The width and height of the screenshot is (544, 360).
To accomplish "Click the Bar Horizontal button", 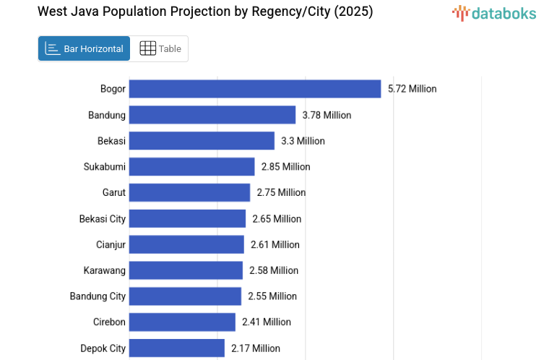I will tap(84, 48).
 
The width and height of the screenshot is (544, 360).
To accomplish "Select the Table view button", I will tap(160, 48).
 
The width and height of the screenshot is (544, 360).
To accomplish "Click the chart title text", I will tap(205, 12).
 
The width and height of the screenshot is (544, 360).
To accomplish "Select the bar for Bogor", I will tap(255, 89).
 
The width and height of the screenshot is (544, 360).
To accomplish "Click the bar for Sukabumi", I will tap(191, 167).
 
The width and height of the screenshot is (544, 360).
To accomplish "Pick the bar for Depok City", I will tap(177, 348).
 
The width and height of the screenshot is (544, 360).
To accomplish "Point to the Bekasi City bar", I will tap(187, 219).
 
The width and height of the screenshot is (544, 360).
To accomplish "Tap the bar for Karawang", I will tap(186, 270).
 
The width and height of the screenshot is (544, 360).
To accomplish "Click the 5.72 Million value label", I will tap(413, 89).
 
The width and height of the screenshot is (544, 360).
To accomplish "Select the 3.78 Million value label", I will tap(327, 115).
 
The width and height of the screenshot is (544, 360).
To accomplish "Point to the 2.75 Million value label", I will tap(281, 193).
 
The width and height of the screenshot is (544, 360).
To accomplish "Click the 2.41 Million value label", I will tap(267, 322).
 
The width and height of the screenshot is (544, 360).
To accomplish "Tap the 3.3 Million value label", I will tap(303, 141).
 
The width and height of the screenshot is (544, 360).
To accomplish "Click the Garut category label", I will tap(114, 193).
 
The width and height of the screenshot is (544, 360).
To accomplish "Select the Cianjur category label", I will tap(111, 244).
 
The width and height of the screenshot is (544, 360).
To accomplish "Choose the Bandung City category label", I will tap(98, 296).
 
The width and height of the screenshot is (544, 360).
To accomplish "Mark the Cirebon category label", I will tap(109, 322).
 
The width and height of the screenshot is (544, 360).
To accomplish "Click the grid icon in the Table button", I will tap(147, 48).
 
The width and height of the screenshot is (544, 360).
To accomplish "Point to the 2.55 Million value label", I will tap(272, 296).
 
